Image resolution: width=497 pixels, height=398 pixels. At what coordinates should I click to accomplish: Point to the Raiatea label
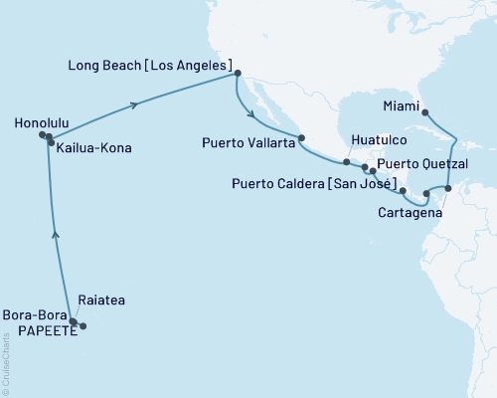[99, 298]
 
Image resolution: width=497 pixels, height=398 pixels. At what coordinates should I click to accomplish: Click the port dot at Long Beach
[237, 74]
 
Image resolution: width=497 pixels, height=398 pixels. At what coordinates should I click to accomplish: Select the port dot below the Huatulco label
[346, 161]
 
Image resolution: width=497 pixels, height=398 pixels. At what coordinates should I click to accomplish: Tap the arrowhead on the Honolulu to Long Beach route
[134, 104]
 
